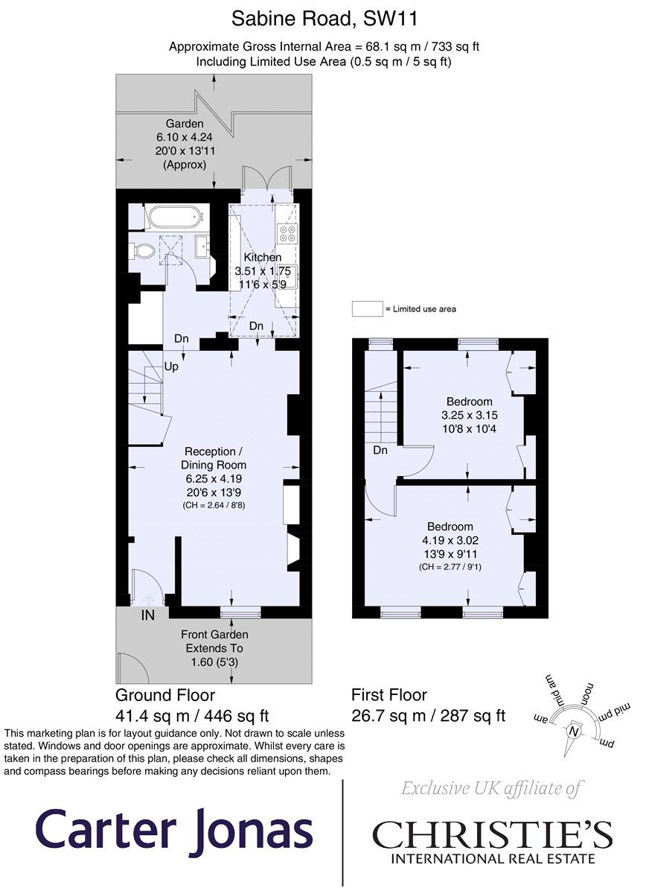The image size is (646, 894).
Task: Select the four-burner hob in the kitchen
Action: pos(287,233)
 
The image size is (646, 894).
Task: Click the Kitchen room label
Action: pos(263,258)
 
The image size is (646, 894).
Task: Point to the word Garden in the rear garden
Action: pos(185,124)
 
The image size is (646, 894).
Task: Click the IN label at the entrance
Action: pos(147,615)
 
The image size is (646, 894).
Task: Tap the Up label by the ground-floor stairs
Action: pos(171,367)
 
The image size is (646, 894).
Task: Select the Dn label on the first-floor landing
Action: pos(380,450)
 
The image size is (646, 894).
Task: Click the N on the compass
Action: pos(573,731)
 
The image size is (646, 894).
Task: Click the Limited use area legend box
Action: pos(367,309)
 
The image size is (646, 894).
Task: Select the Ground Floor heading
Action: pos(165,695)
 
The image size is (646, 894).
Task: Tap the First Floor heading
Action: pos(388,695)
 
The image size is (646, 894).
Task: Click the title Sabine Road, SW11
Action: pos(324,19)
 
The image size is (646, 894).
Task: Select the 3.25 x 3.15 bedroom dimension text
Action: pos(470,415)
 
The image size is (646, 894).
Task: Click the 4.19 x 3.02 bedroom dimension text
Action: pos(450,540)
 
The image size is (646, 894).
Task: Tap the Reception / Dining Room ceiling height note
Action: pos(214,505)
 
